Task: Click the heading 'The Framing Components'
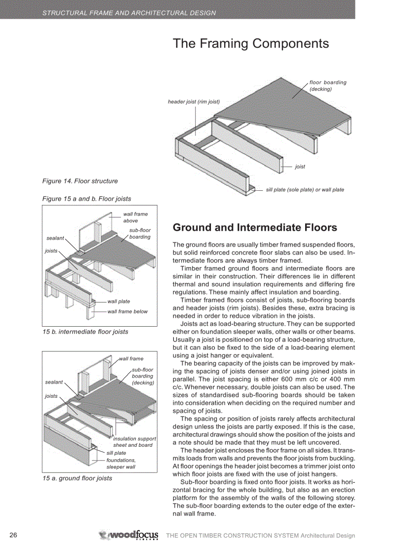pyautogui.click(x=250, y=43)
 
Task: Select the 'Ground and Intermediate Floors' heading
pyautogui.click(x=255, y=227)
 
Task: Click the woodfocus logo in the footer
pyautogui.click(x=129, y=535)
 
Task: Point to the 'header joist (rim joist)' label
pyautogui.click(x=194, y=102)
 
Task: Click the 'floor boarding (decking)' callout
pyautogui.click(x=327, y=86)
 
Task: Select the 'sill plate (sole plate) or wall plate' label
pyautogui.click(x=305, y=190)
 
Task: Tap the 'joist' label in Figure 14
pyautogui.click(x=300, y=167)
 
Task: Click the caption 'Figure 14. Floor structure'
pyautogui.click(x=80, y=181)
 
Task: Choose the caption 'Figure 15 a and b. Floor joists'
pyautogui.click(x=86, y=199)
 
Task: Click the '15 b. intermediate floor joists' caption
pyautogui.click(x=85, y=332)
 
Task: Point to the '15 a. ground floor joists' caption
pyautogui.click(x=77, y=478)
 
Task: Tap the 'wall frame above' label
pyautogui.click(x=135, y=217)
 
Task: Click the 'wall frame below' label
pyautogui.click(x=127, y=311)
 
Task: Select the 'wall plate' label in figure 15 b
pyautogui.click(x=119, y=301)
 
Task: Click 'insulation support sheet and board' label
pyautogui.click(x=134, y=442)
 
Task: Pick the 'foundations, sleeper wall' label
pyautogui.click(x=121, y=463)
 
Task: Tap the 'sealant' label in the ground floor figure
pyautogui.click(x=54, y=382)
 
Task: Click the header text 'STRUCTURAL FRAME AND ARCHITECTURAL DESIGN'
pyautogui.click(x=129, y=13)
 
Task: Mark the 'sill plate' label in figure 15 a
pyautogui.click(x=116, y=453)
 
